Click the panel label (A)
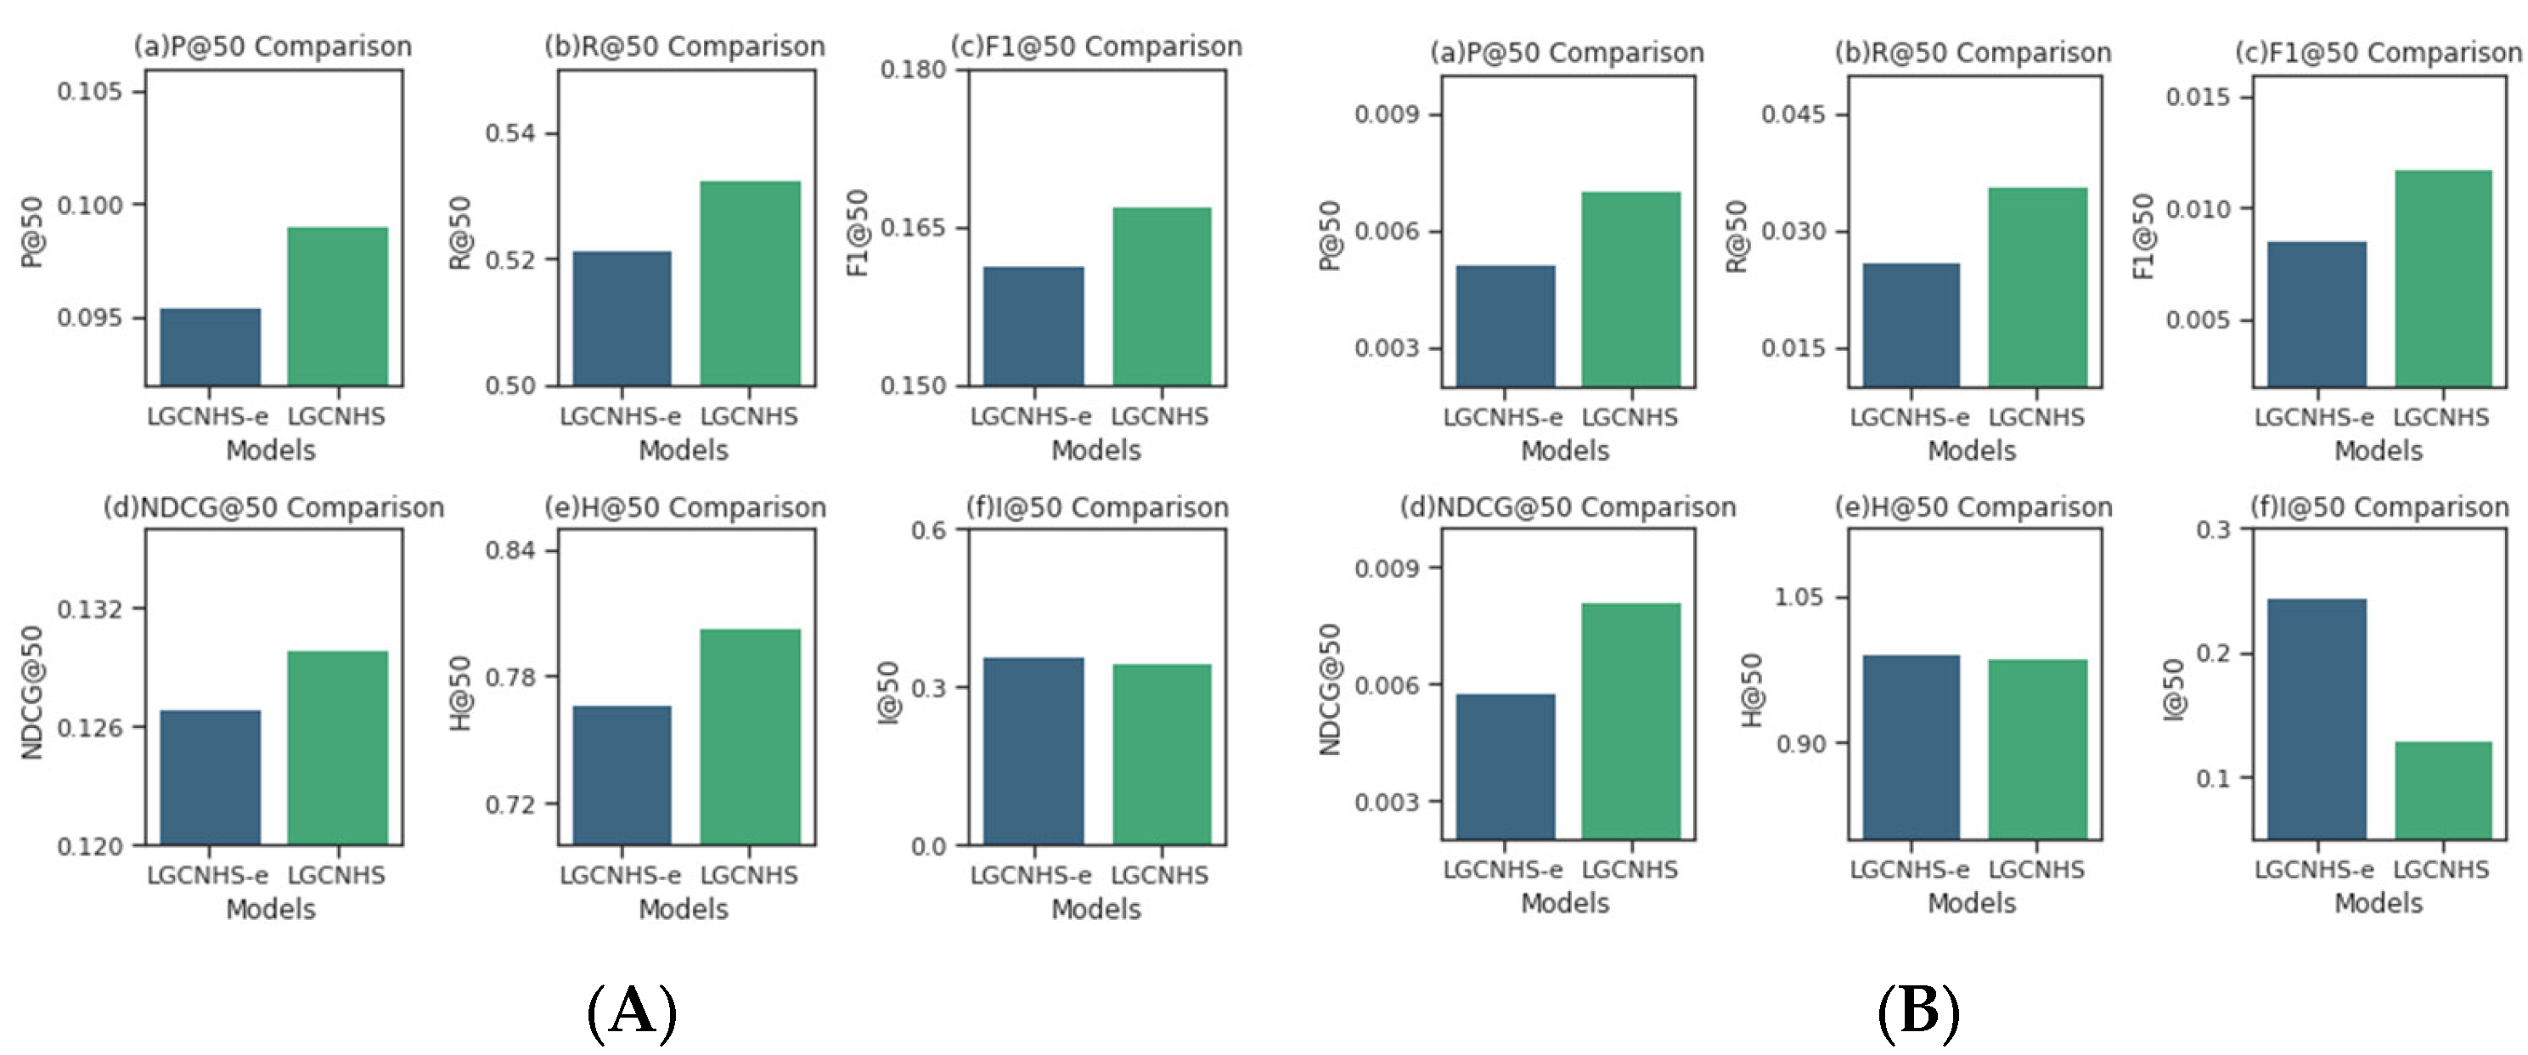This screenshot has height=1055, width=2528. (632, 1012)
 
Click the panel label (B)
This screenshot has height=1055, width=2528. (1917, 1012)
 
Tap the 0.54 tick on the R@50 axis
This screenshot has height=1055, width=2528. (510, 133)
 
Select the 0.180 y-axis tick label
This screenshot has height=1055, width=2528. (913, 70)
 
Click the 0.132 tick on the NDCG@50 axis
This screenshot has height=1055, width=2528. (90, 609)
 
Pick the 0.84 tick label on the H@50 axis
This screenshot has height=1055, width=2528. (510, 550)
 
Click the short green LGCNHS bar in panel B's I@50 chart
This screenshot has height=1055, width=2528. (2442, 790)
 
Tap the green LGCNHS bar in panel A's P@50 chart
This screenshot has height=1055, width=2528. (338, 306)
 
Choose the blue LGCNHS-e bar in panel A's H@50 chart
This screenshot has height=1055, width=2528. (622, 776)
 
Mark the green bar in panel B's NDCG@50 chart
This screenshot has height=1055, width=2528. (1631, 721)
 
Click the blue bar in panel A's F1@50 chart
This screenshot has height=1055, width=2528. (1033, 326)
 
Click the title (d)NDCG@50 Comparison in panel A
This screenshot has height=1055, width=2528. (273, 507)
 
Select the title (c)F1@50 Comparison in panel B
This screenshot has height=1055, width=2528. (2378, 53)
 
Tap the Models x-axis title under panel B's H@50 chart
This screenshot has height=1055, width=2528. (1972, 903)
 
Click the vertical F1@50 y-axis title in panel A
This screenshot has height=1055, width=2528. (858, 234)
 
